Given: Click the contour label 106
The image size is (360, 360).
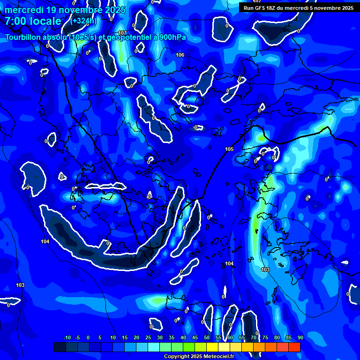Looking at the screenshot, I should pyautogui.click(x=180, y=55).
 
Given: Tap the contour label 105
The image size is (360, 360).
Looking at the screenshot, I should pyautogui.click(x=229, y=149).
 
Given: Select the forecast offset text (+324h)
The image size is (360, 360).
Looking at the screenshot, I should pyautogui.click(x=83, y=21).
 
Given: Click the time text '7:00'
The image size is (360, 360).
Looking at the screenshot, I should pyautogui.click(x=17, y=21).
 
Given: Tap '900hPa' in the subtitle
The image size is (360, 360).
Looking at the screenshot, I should pyautogui.click(x=171, y=37).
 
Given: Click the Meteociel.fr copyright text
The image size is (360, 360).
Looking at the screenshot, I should pyautogui.click(x=199, y=357).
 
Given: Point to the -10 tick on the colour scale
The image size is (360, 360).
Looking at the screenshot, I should pyautogui.click(x=67, y=338).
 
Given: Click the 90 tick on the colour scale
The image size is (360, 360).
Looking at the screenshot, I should pyautogui.click(x=300, y=338).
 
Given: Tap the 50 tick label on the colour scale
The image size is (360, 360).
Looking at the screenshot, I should pyautogui.click(x=207, y=338).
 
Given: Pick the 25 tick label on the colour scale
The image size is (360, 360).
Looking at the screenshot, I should pyautogui.click(x=148, y=338).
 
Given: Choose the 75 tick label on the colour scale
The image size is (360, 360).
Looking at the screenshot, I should pyautogui.click(x=265, y=338).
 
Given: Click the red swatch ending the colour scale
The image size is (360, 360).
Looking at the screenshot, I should pyautogui.click(x=294, y=347).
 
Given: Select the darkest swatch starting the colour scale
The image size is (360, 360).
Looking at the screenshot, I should pyautogui.click(x=60, y=347).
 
